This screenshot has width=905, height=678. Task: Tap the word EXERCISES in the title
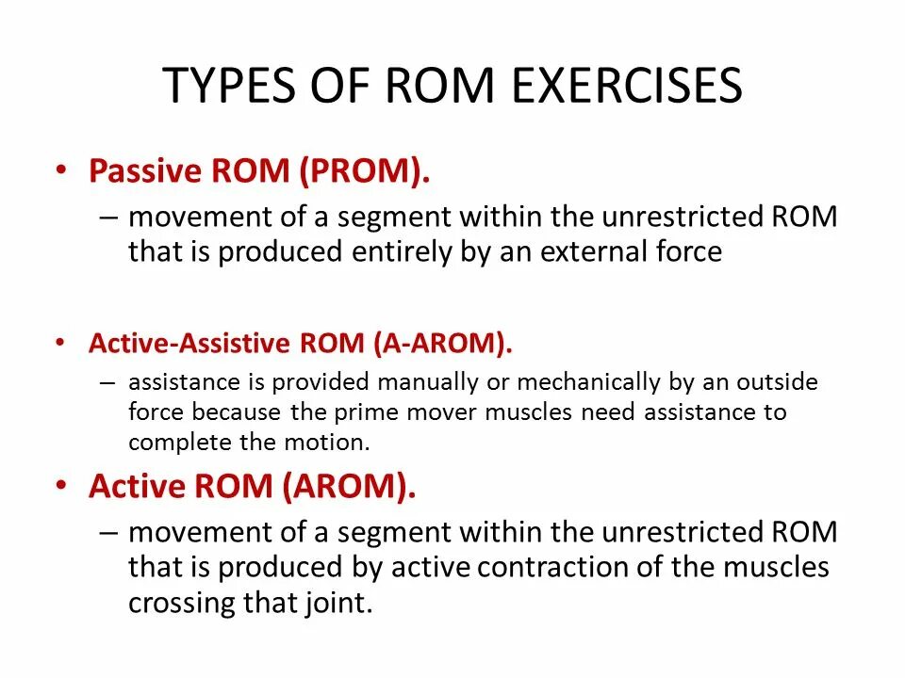point(628,87)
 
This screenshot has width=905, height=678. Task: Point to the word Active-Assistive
point(189,343)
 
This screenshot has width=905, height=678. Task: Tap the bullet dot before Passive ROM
point(61,171)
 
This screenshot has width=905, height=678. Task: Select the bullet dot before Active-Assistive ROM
point(61,343)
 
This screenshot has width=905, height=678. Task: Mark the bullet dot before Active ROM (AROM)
point(61,486)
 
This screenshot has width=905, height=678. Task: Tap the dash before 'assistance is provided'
point(108,382)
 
